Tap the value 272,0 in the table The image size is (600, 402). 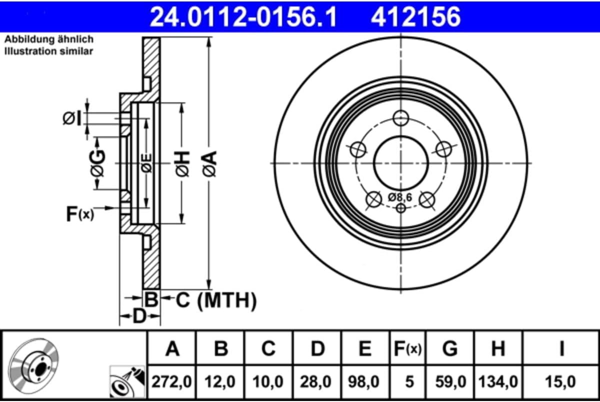[x=172, y=382]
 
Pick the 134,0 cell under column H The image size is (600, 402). [x=498, y=382]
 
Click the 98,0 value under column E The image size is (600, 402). [x=365, y=382]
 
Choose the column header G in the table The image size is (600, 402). [x=450, y=349]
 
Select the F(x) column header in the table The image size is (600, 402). [x=407, y=349]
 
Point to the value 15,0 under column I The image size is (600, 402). [x=561, y=382]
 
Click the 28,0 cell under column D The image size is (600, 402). [x=317, y=382]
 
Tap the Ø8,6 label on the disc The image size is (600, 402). [x=399, y=197]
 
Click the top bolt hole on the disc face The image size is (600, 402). [x=400, y=119]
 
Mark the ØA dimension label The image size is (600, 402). [x=209, y=163]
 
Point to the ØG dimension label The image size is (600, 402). [x=97, y=163]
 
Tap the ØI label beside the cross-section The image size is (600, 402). [x=71, y=119]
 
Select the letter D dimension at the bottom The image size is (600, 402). [x=140, y=316]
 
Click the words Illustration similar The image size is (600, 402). [x=49, y=51]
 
